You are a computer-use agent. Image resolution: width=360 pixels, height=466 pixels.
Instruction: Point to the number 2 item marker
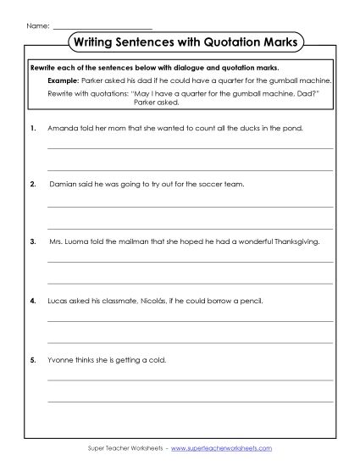31,182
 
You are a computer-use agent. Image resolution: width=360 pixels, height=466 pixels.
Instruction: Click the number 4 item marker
31,301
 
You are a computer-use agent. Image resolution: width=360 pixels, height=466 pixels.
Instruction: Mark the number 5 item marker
31,360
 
